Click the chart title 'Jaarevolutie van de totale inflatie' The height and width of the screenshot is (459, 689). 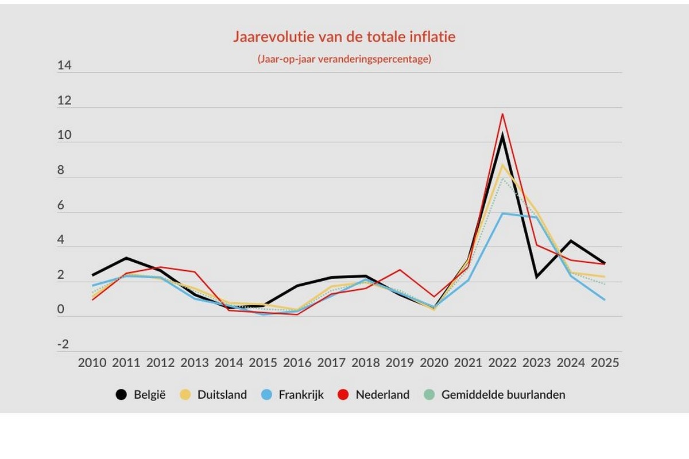coord(344,37)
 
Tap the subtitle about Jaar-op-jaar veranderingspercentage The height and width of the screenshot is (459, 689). coord(344,59)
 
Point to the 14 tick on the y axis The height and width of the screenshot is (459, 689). coord(64,66)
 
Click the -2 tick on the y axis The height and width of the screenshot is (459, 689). coord(63,345)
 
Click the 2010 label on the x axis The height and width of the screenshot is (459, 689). coord(92,363)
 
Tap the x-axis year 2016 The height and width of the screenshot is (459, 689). coord(297,363)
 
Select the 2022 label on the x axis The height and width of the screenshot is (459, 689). coord(503,363)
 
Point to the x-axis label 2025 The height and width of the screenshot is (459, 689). coord(605,363)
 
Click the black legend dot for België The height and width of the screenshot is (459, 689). coord(121,395)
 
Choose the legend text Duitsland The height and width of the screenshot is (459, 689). coord(222,395)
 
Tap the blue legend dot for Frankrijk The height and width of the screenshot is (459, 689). coord(266,395)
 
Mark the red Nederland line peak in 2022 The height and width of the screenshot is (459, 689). coord(503,114)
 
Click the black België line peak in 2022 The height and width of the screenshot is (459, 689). coord(503,135)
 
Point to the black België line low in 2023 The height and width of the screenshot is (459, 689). coord(537,277)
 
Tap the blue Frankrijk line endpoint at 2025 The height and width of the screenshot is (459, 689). coord(605,299)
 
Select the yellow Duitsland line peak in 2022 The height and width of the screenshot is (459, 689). coord(503,165)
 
